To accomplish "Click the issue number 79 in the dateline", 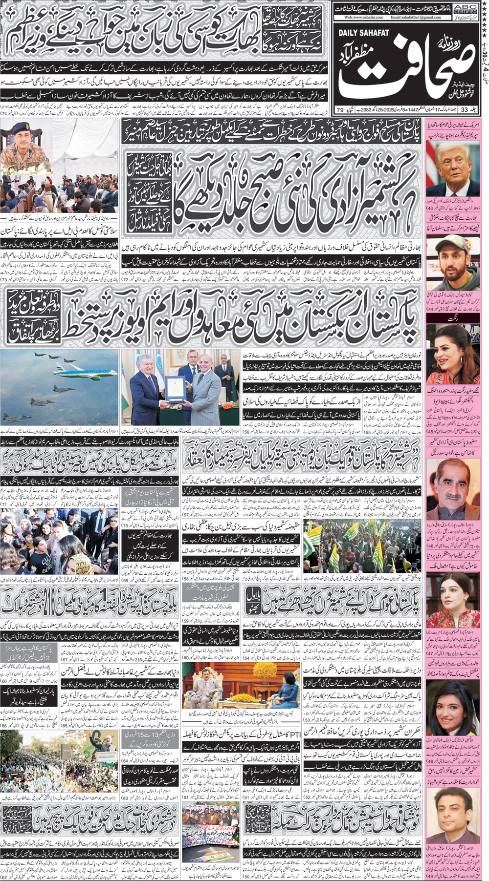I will coord(340,110).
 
